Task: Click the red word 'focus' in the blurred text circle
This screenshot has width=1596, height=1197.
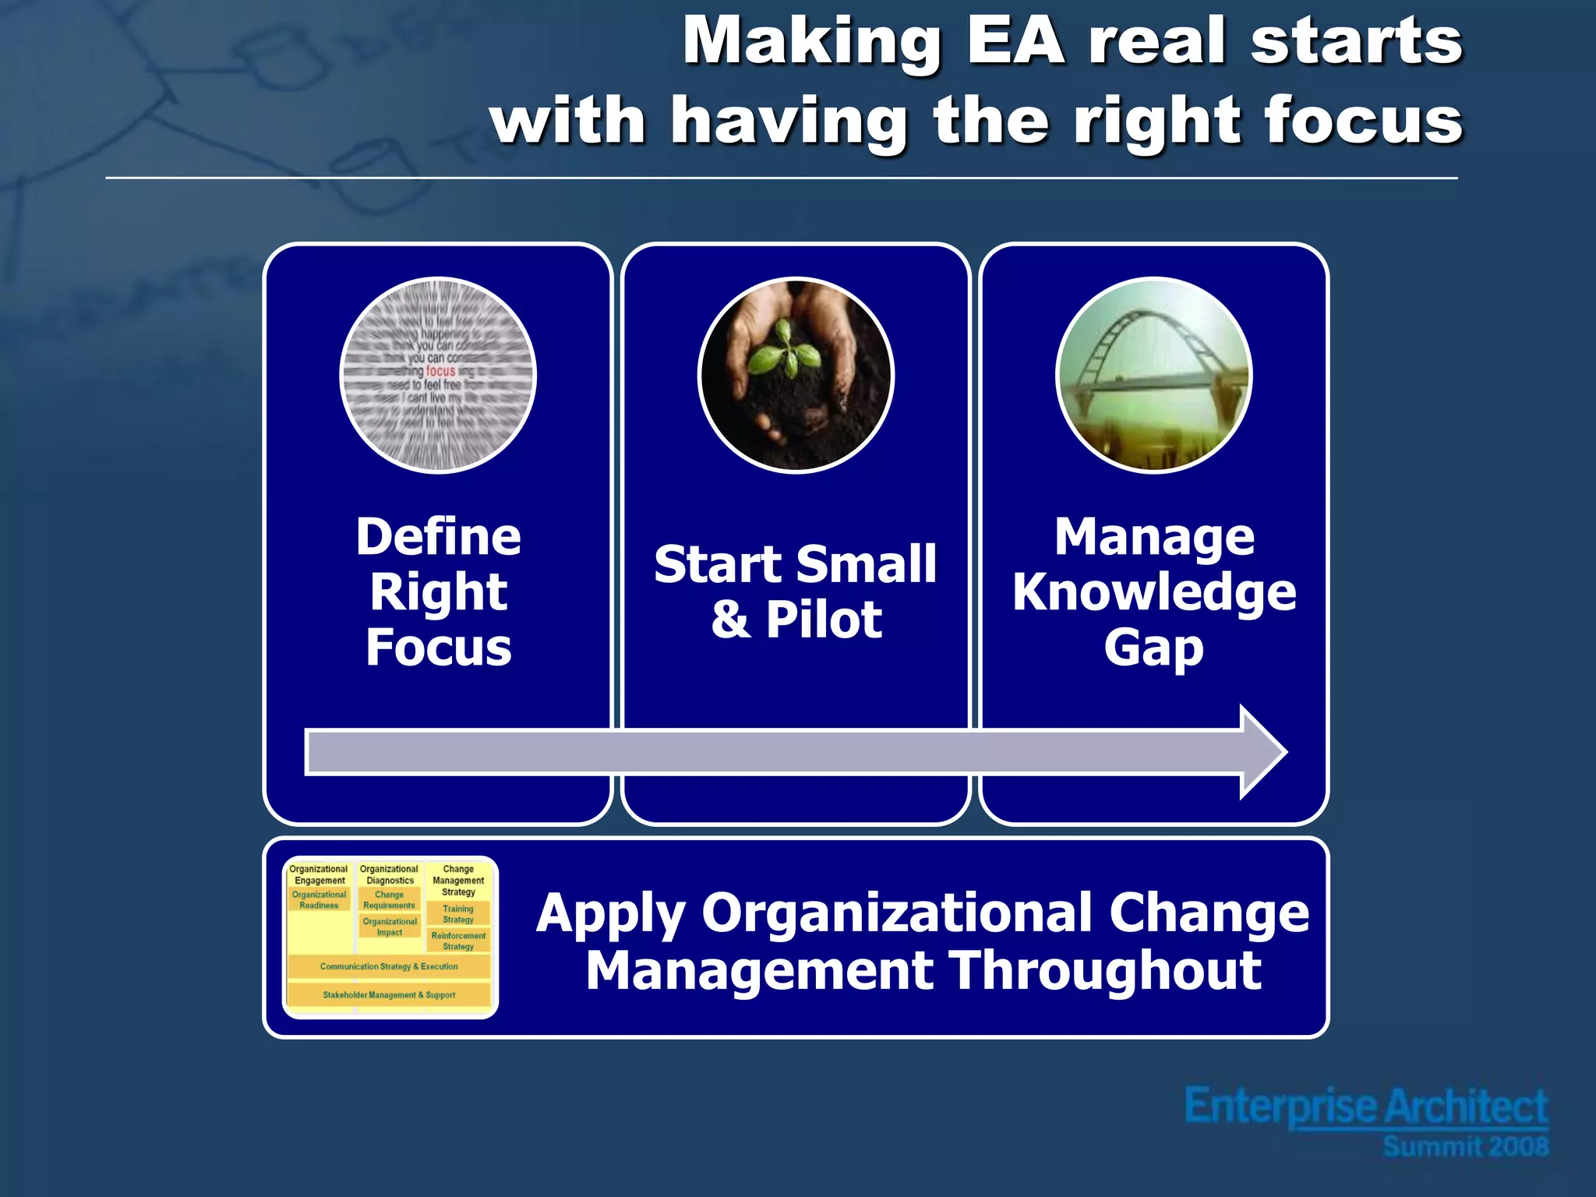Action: click(440, 371)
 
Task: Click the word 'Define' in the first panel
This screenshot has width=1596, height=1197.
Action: click(438, 537)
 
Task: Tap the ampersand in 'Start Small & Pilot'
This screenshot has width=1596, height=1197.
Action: click(730, 620)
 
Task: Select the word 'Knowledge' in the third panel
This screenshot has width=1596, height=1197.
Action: click(1154, 592)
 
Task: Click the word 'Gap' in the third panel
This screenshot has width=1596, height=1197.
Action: click(1153, 648)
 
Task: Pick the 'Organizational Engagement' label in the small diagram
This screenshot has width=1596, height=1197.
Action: click(319, 874)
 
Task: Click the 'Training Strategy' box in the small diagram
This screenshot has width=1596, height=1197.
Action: click(458, 914)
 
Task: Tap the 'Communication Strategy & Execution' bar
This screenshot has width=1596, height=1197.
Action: click(389, 966)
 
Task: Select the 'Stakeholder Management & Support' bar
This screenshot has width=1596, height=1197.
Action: click(389, 995)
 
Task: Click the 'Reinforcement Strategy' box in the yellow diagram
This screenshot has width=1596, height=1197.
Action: click(458, 941)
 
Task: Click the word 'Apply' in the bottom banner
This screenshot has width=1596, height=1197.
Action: click(611, 913)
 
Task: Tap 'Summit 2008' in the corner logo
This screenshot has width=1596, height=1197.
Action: click(1465, 1146)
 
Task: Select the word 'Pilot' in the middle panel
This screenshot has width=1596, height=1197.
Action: click(824, 620)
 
